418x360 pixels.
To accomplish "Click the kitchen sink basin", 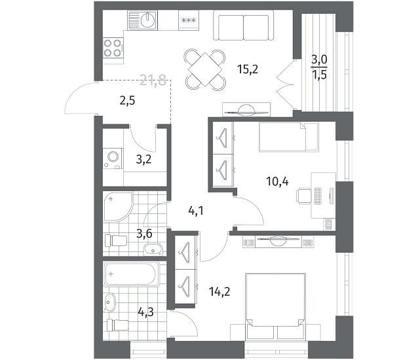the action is [147, 20].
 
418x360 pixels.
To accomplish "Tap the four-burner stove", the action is [113, 48].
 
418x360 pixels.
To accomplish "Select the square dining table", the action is [204, 69].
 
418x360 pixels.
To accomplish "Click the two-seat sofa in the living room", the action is [243, 26].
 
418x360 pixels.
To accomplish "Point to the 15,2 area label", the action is [248, 69].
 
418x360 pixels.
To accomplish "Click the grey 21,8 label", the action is [153, 80].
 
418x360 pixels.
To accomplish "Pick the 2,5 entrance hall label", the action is [127, 101].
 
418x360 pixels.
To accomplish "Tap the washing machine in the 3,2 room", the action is [113, 158].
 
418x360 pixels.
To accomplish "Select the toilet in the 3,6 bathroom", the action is [116, 240].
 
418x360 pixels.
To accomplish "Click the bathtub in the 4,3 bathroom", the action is [132, 274].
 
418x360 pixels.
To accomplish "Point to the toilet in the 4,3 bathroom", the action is [117, 325].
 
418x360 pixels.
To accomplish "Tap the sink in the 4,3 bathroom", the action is [109, 302].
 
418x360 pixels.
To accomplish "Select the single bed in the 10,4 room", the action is [289, 137].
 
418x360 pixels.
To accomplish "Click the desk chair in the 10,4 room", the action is [303, 196].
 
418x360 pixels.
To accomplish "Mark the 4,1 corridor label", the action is [196, 211].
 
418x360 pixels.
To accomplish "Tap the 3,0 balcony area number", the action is [319, 60].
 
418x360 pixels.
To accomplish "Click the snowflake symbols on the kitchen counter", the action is [189, 20].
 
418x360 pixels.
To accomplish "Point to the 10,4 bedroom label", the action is [277, 181].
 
